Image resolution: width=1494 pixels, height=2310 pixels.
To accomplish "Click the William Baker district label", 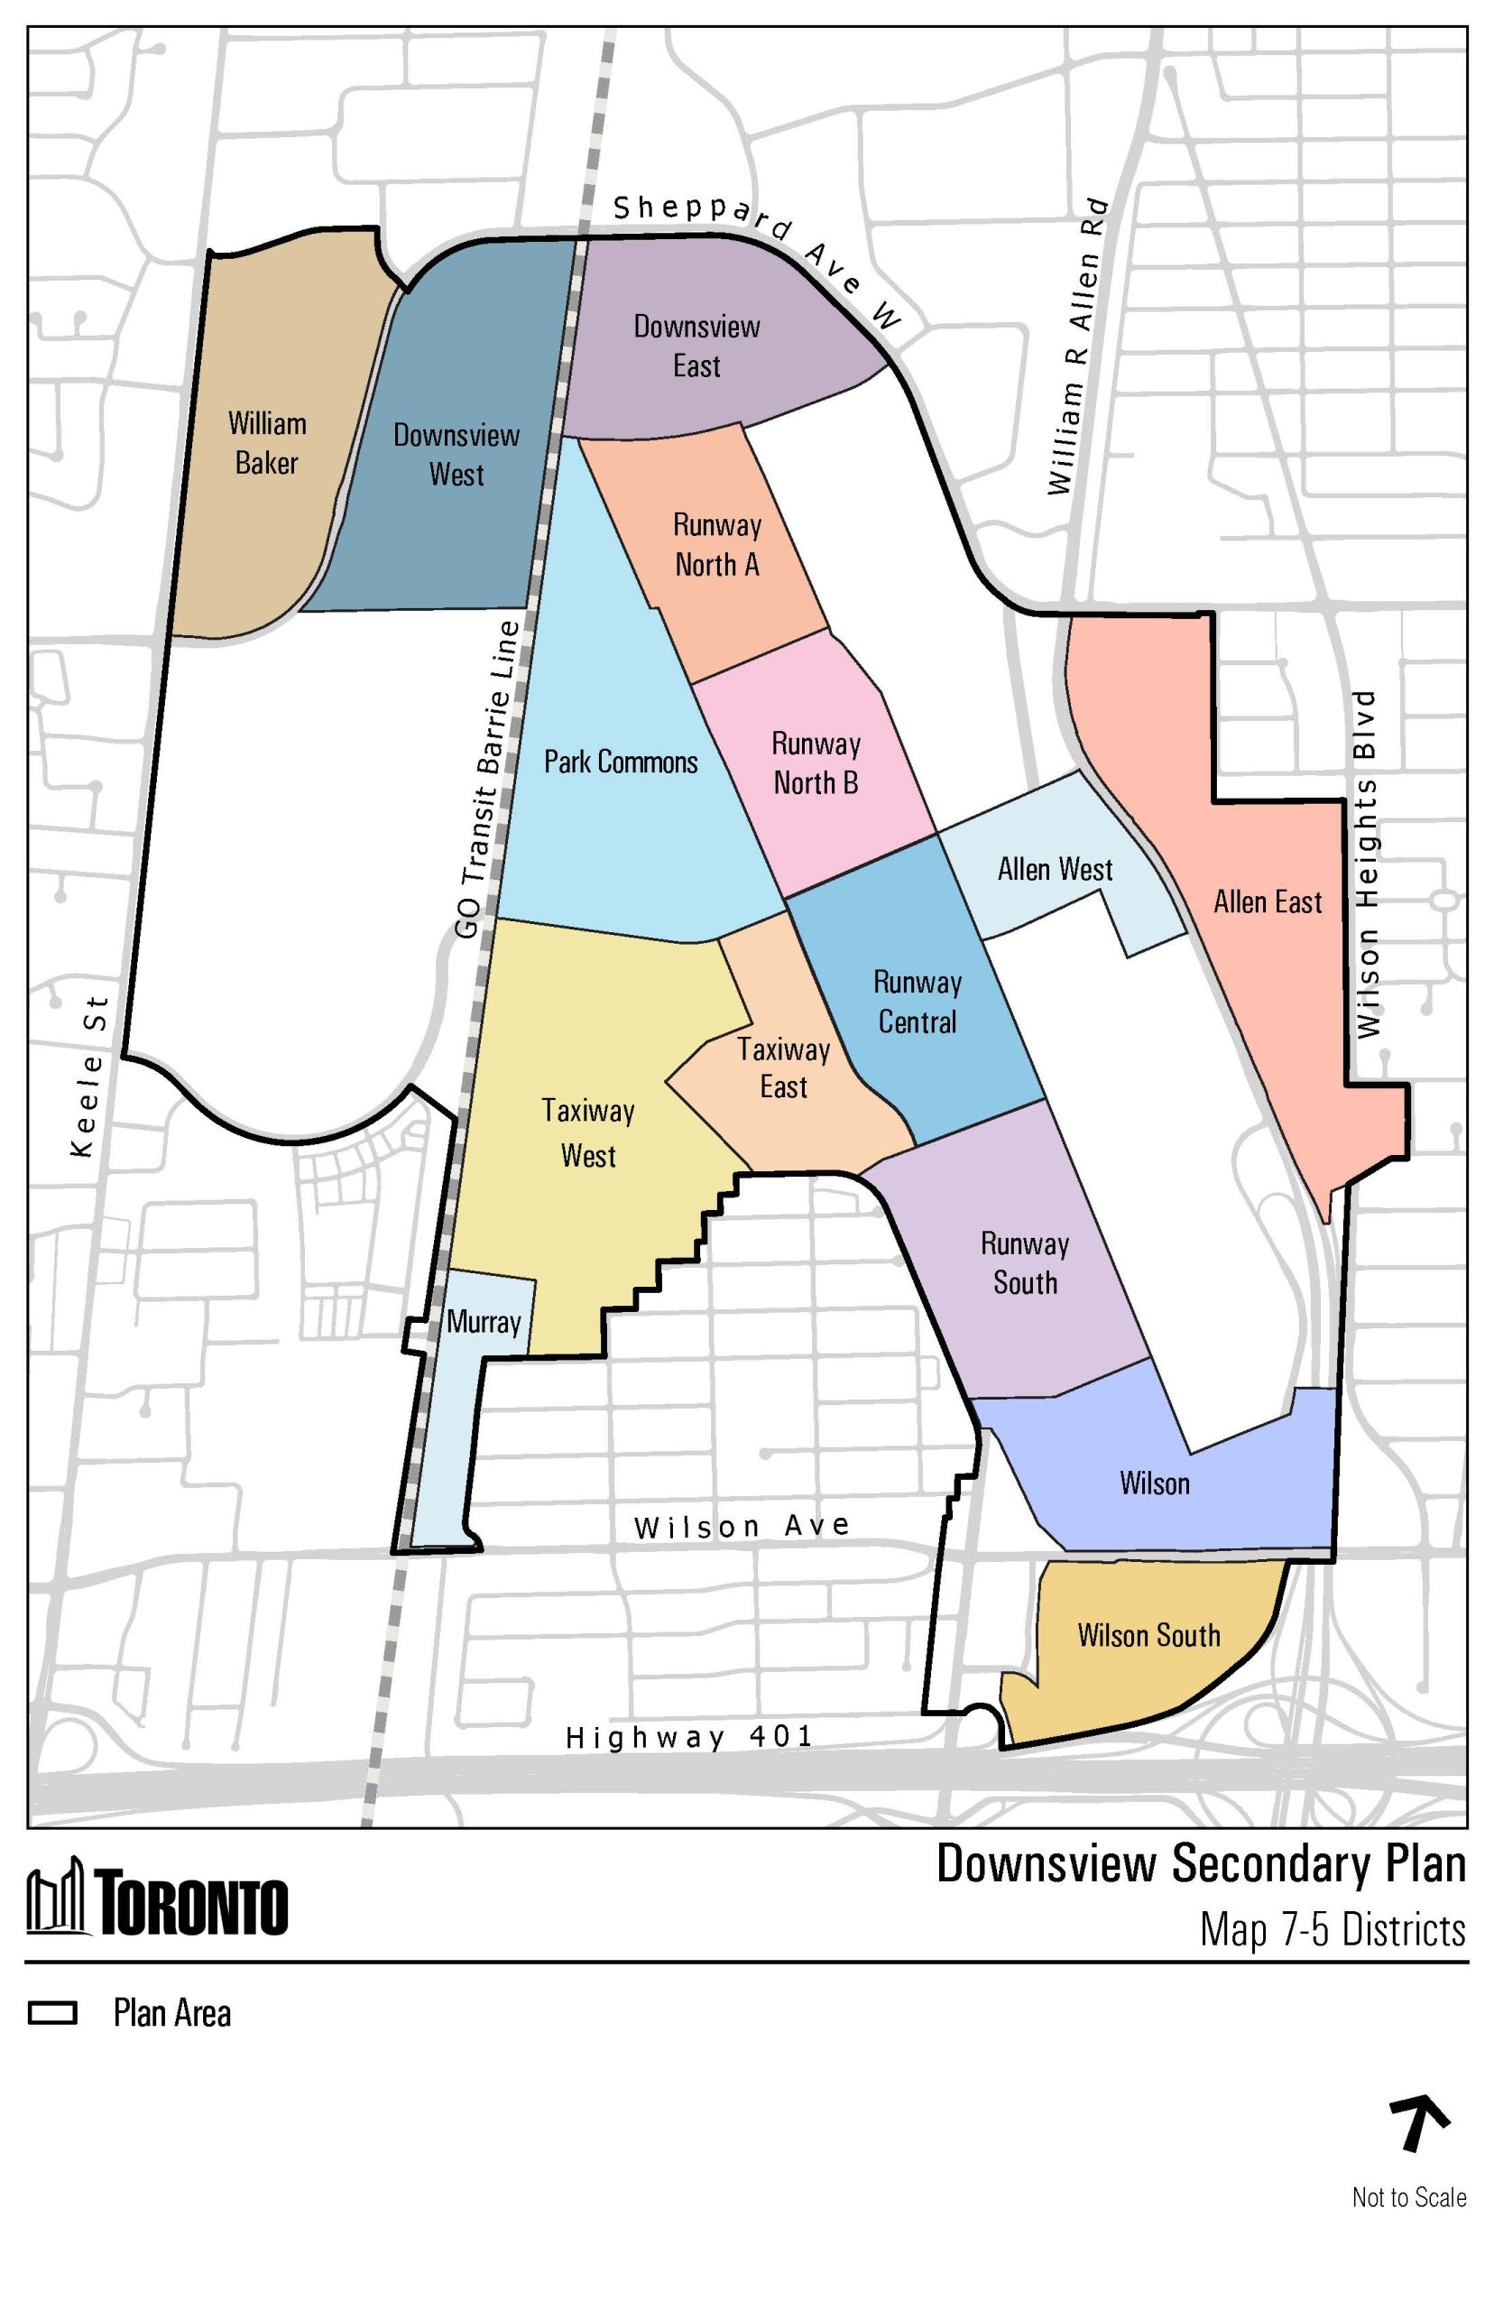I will pos(267,442).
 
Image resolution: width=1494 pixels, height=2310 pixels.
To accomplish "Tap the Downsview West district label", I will pos(456,454).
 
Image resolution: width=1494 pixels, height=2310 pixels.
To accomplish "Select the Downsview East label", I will pos(696,346).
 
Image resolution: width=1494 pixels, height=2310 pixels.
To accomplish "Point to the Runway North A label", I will pos(717,544).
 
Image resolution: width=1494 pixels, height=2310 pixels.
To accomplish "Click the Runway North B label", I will pos(816,762).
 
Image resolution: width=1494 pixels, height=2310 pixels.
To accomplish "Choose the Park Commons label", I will pos(620,762).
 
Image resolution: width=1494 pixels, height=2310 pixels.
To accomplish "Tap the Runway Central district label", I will pos(917,1002).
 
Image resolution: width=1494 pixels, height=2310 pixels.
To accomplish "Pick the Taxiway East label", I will pos(783,1067).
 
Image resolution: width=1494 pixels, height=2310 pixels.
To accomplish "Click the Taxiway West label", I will pos(588,1132).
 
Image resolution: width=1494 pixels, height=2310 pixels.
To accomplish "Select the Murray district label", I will pos(484,1321).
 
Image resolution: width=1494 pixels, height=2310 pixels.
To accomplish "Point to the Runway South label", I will pos(1025,1262).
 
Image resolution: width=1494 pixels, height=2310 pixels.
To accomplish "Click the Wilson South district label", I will pos(1148,1635).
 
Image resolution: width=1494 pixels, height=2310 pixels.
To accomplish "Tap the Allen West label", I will pos(1055,868).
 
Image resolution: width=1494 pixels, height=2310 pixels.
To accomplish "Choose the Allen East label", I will pos(1267,901).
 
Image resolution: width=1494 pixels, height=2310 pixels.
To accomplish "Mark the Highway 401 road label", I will pos(688,1735).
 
